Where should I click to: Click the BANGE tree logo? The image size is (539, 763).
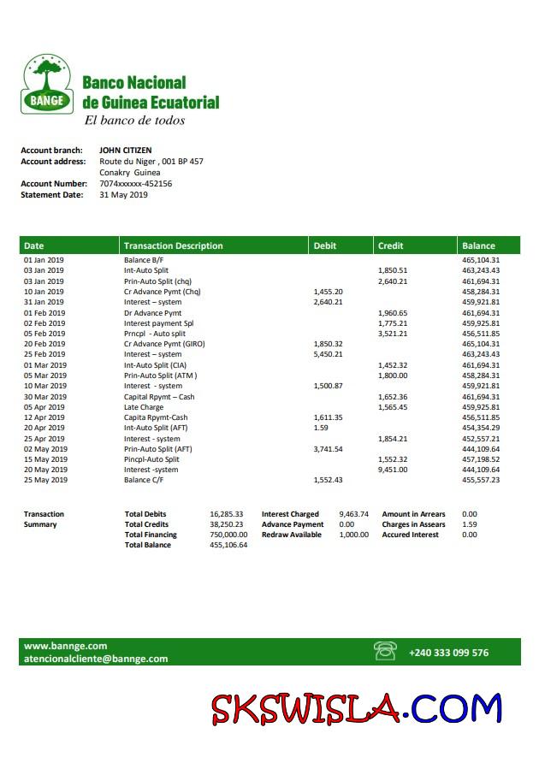point(47,85)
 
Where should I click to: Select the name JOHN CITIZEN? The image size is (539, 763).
point(126,151)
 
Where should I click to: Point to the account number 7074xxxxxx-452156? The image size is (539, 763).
point(135,183)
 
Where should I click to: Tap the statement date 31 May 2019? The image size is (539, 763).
point(123,194)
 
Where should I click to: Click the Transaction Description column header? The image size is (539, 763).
point(174,245)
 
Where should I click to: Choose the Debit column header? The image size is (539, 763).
point(325,245)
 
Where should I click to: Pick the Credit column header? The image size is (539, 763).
point(391,245)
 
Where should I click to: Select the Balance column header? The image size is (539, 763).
point(478,245)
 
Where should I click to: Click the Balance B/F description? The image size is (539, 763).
point(144,260)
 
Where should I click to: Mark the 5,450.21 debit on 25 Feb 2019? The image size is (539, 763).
point(329,354)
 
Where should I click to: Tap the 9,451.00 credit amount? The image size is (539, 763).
point(393,470)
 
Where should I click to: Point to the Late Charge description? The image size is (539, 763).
point(144,407)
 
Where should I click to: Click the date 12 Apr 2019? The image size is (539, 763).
point(45,417)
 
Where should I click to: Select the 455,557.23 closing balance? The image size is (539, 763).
point(481,480)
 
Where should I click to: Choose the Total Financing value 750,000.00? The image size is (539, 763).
point(228,535)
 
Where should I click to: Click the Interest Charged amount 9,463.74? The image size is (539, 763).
point(353,514)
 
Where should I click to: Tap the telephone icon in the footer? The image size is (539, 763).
point(385,652)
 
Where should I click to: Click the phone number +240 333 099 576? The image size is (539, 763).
point(448,653)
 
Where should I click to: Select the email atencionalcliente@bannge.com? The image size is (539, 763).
point(96,659)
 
